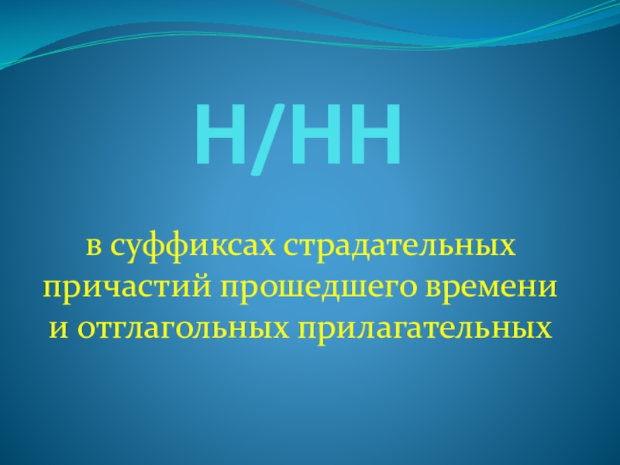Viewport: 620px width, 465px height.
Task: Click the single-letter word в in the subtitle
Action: [93, 250]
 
